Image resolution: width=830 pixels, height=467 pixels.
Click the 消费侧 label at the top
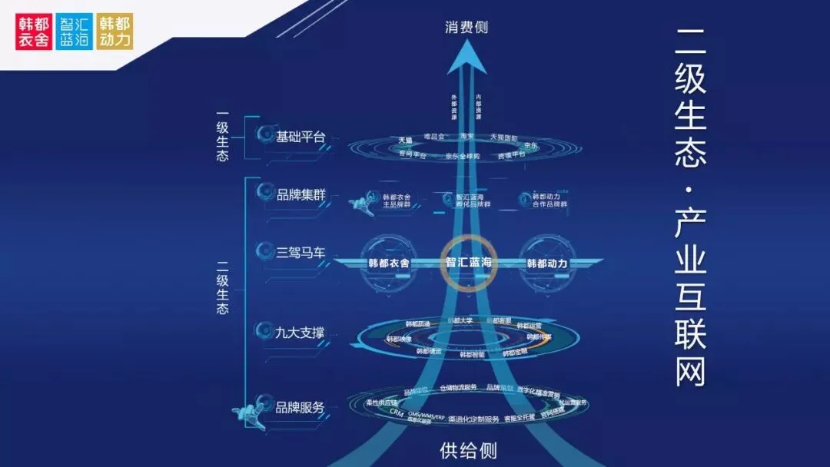[x=466, y=28]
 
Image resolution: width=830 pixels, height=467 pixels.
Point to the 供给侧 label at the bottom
[x=463, y=450]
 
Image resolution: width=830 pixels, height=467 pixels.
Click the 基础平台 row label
[x=300, y=137]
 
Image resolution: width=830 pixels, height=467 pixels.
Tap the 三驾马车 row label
[x=300, y=250]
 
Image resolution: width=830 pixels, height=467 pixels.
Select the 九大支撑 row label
[x=300, y=333]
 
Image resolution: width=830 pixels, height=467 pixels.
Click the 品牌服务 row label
[x=300, y=407]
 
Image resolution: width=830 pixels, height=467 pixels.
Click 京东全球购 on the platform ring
[x=462, y=156]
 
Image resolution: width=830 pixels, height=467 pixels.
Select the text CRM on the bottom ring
[x=397, y=412]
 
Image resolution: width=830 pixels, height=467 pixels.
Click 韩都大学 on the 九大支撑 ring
[x=463, y=320]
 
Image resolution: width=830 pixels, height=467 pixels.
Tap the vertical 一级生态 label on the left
[x=223, y=137]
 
